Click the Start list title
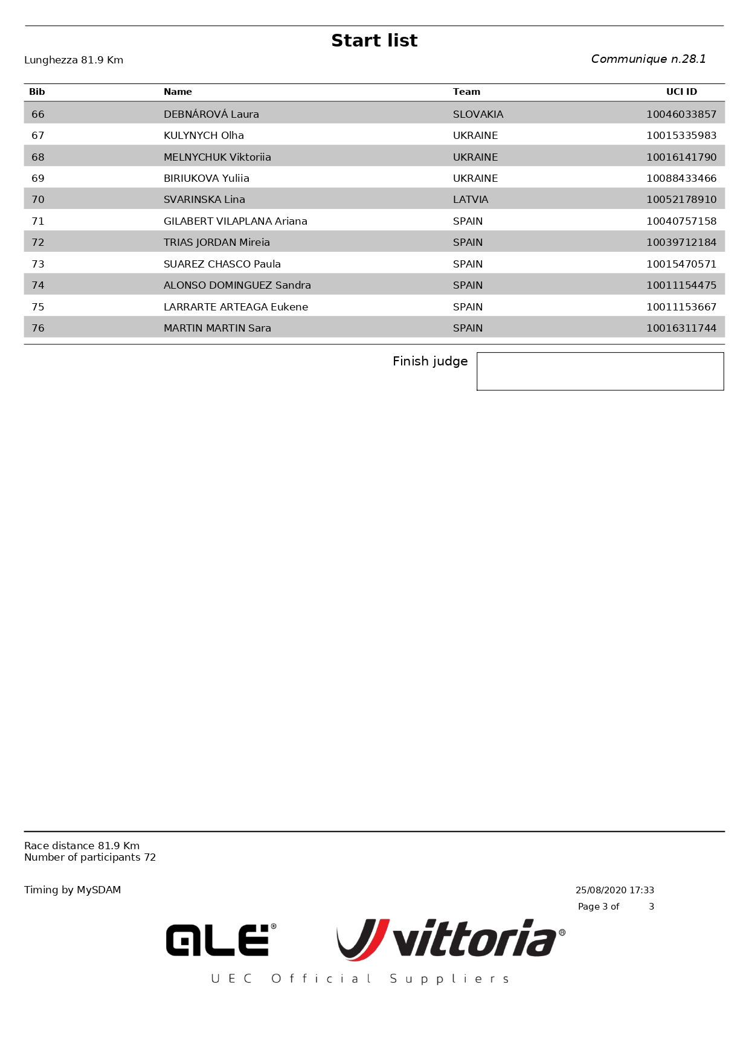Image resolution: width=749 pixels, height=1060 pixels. click(x=374, y=40)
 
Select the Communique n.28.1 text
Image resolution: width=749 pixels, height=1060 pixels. click(x=648, y=59)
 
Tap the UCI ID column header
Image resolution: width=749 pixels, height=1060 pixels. click(x=681, y=92)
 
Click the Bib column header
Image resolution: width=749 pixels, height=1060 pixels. click(x=37, y=92)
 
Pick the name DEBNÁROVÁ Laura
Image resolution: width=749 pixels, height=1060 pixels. click(x=211, y=114)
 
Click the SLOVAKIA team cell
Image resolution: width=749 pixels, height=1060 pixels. click(x=478, y=114)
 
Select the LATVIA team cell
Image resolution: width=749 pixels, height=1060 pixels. click(x=471, y=199)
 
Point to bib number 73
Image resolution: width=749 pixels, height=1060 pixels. click(x=38, y=264)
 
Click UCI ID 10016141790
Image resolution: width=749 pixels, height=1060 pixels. click(x=681, y=157)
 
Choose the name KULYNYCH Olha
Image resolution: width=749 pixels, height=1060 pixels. click(x=204, y=135)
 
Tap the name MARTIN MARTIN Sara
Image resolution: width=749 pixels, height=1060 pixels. click(x=217, y=328)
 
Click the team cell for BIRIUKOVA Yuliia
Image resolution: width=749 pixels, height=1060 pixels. click(x=475, y=178)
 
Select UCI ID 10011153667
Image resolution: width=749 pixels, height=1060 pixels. click(x=681, y=307)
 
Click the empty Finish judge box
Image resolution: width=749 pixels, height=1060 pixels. click(x=600, y=371)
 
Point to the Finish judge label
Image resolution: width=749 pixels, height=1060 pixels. click(x=430, y=361)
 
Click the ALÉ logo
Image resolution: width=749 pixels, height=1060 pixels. click(x=220, y=940)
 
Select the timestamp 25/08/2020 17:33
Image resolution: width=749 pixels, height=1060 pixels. click(x=614, y=890)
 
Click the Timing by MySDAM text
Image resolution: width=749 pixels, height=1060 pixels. click(x=72, y=890)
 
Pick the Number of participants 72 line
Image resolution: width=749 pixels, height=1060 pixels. click(x=90, y=858)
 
